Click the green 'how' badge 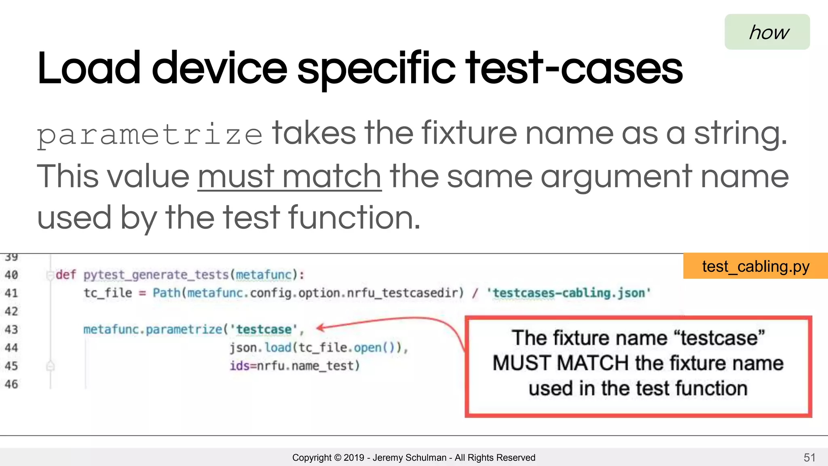coord(767,32)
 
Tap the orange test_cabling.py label coord(755,266)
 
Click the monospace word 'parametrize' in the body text coord(150,135)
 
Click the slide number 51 coord(809,458)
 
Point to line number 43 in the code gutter coord(11,329)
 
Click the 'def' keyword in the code coord(65,275)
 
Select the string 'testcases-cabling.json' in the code coord(569,292)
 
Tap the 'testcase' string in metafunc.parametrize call coord(264,329)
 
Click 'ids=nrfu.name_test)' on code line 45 coord(295,366)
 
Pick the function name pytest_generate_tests coord(156,275)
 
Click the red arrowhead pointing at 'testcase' coord(320,328)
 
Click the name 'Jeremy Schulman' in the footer coord(409,458)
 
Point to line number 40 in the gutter coord(11,275)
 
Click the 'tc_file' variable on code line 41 coord(108,292)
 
